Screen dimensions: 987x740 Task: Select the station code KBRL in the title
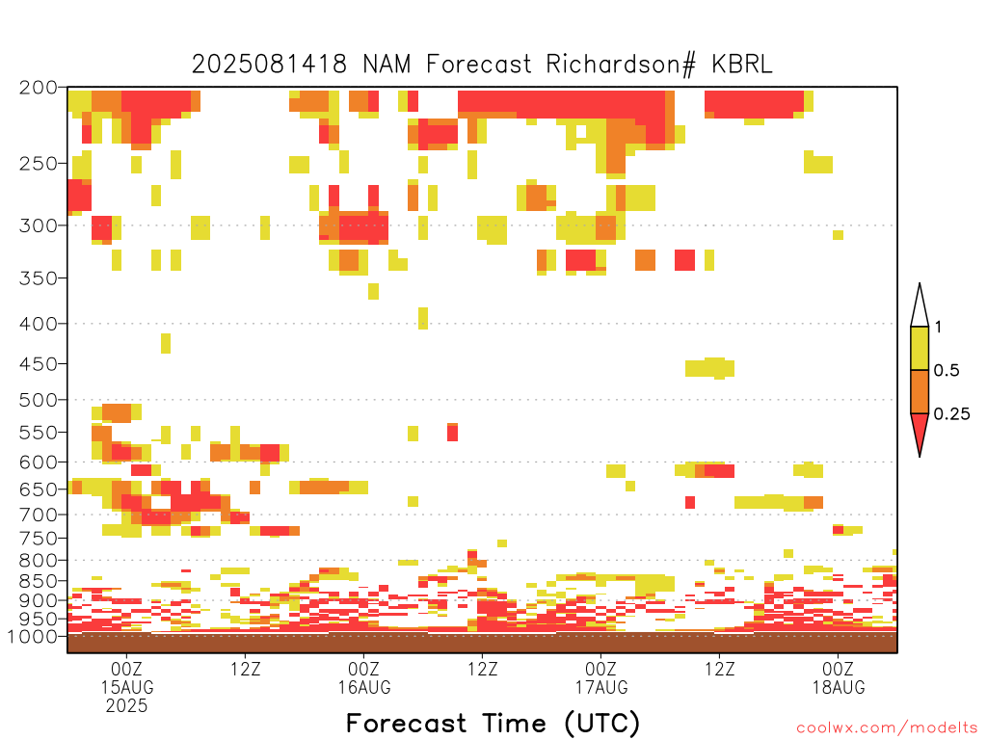click(x=742, y=65)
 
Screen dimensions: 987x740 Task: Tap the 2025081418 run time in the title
click(x=270, y=65)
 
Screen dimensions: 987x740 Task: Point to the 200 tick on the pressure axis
click(x=39, y=88)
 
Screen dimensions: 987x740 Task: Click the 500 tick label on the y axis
click(x=39, y=400)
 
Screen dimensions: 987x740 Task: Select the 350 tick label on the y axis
click(x=39, y=278)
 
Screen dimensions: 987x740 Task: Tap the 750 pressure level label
click(x=39, y=539)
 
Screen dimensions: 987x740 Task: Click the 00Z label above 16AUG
click(x=363, y=669)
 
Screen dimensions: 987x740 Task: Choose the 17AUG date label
click(x=601, y=687)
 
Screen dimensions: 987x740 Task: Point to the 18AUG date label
click(x=839, y=687)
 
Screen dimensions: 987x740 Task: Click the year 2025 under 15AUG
click(x=126, y=706)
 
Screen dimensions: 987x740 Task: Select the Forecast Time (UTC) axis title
click(x=493, y=724)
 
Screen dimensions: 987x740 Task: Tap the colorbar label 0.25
click(x=951, y=414)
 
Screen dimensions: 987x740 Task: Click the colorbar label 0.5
click(x=947, y=371)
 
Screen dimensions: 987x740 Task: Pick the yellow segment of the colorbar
click(x=920, y=348)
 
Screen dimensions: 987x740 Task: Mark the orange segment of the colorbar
click(x=920, y=391)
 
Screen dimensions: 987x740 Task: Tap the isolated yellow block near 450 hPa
click(x=709, y=368)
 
